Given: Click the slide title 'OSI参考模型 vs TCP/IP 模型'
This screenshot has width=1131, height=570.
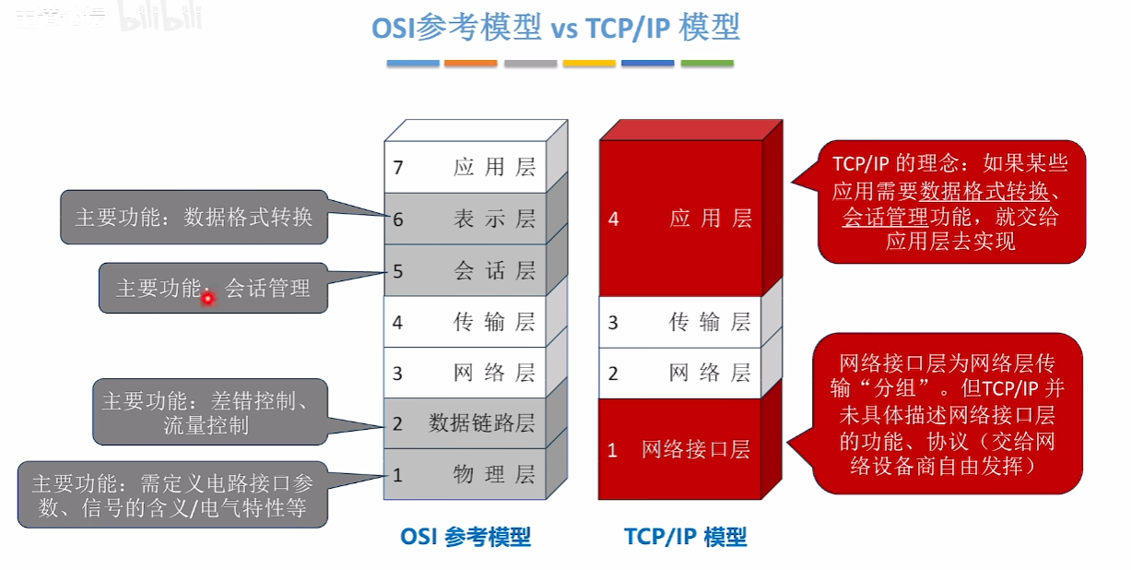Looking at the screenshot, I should (x=555, y=29).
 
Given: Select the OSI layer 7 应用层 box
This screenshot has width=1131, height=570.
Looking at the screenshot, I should (x=465, y=167).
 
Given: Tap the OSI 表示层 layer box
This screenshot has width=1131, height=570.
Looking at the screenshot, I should (x=465, y=219).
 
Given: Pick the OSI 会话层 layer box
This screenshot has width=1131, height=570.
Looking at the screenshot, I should (x=465, y=270).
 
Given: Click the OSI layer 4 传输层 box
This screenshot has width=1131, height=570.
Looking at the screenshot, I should (x=465, y=322).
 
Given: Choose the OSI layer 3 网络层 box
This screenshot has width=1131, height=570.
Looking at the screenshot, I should (x=465, y=373).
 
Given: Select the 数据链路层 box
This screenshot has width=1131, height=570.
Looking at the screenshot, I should (x=465, y=423).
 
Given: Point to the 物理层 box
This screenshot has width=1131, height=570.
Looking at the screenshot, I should (x=465, y=474).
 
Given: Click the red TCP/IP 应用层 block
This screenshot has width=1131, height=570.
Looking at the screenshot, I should (x=680, y=219).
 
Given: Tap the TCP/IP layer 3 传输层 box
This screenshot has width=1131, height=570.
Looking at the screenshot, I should (x=680, y=322).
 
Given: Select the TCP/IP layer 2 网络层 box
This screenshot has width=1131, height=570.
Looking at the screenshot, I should (x=680, y=373).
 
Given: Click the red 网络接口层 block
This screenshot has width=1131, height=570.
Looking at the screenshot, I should (x=680, y=449).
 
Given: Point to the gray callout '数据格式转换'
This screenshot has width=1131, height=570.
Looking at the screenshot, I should (x=194, y=218).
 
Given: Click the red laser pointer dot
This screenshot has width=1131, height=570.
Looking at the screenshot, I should (x=208, y=298).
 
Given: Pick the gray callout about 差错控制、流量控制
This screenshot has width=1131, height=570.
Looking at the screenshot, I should (x=210, y=411).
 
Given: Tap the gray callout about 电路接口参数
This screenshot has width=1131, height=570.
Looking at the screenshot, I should (x=172, y=494).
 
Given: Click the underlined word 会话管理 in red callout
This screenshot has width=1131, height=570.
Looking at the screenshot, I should (x=874, y=218).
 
